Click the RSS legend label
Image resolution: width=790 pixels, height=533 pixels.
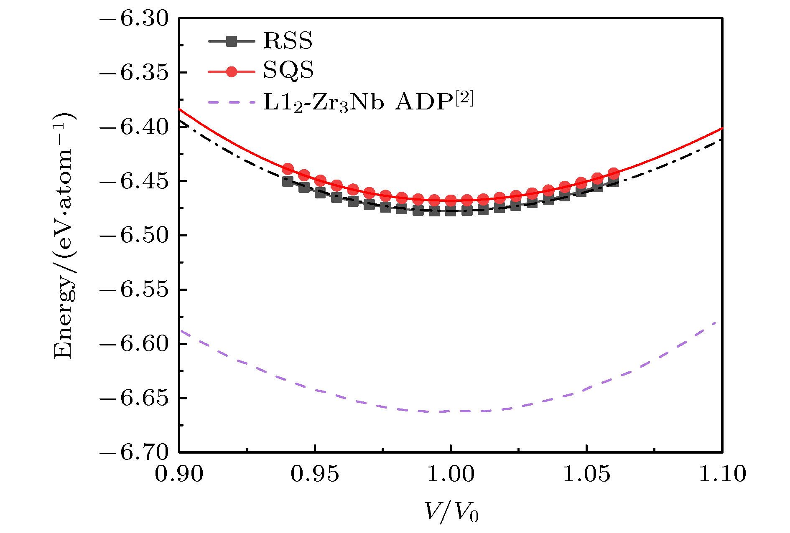[288, 41]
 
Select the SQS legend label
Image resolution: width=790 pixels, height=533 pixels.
[288, 71]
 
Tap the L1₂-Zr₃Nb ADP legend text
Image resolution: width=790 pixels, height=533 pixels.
[368, 101]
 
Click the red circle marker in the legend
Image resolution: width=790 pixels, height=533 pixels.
[231, 71]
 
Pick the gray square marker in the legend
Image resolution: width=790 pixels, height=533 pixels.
[231, 41]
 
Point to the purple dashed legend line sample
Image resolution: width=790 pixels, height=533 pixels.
[231, 102]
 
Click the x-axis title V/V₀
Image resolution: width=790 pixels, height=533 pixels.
[451, 512]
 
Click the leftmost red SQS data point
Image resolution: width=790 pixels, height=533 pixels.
[288, 169]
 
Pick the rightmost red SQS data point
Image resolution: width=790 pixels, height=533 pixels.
[613, 173]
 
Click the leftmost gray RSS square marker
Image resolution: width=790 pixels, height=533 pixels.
[288, 181]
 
